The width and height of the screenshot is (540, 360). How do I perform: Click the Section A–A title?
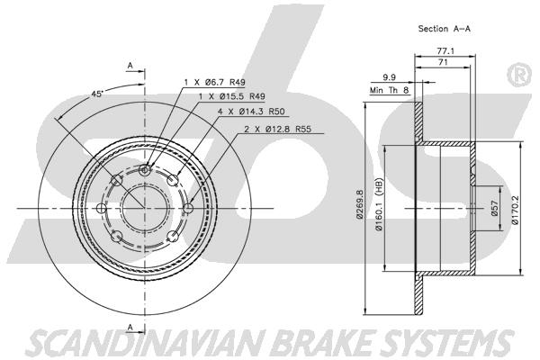tap(444, 29)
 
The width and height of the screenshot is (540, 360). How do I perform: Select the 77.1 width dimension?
tap(445, 51)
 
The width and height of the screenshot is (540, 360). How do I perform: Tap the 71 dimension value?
tap(443, 62)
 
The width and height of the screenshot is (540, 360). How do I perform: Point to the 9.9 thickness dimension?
tap(389, 77)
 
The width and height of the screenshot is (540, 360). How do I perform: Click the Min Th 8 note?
tap(389, 90)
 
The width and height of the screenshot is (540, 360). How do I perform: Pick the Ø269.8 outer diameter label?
tap(360, 204)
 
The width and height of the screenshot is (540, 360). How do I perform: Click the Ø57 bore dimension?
tap(495, 208)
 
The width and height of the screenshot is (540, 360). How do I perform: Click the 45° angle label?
tap(97, 94)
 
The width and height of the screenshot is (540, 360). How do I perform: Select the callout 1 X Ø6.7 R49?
tap(214, 82)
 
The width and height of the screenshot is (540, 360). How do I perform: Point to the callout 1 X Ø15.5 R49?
tap(232, 96)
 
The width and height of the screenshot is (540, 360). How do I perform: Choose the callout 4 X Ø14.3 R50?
tap(251, 112)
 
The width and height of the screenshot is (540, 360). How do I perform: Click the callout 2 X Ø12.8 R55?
tap(277, 130)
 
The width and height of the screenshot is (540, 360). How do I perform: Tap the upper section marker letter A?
tap(130, 65)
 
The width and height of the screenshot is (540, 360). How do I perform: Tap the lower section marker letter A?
tap(130, 328)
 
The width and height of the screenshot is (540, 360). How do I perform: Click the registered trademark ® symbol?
tap(519, 75)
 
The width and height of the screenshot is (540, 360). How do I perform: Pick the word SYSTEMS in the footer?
tap(447, 344)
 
